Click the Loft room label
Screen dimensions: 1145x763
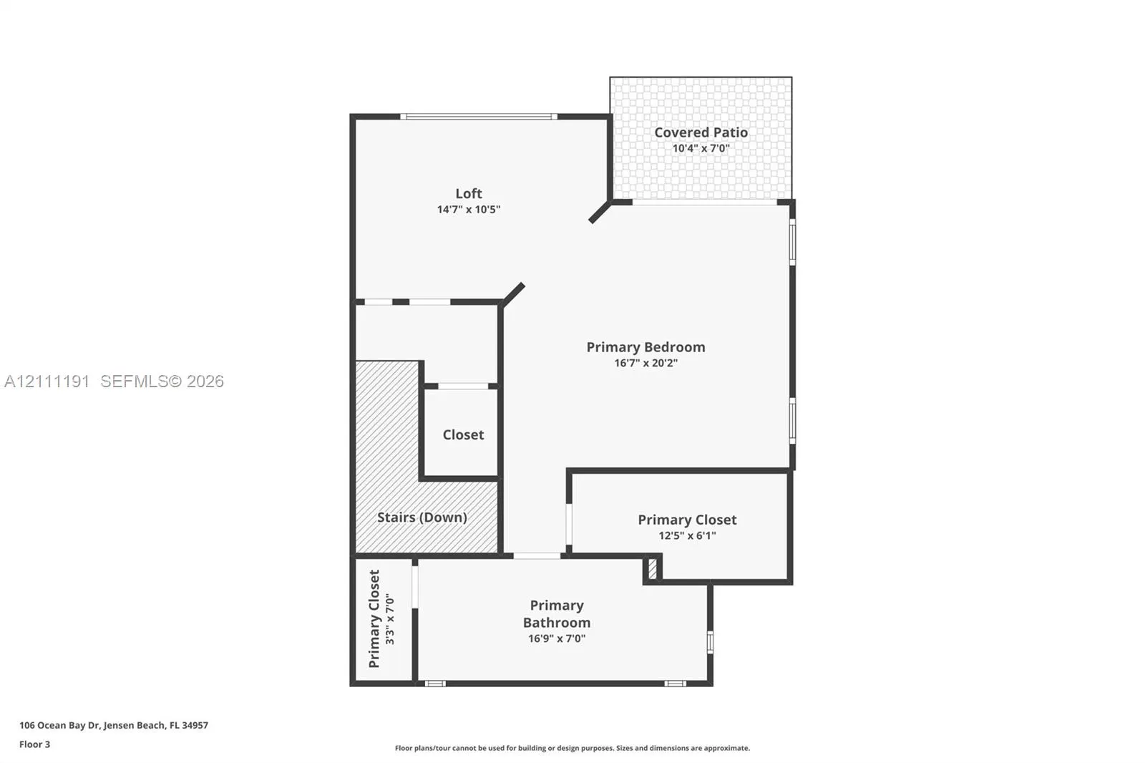[468, 193]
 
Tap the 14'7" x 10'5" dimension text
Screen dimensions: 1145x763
[468, 209]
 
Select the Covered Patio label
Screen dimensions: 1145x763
[701, 132]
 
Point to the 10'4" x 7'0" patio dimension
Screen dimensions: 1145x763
[701, 148]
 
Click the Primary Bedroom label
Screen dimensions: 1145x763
[645, 347]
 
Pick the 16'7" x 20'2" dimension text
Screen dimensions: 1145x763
[645, 363]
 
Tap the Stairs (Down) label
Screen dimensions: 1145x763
[422, 517]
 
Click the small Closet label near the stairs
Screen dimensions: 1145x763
[463, 434]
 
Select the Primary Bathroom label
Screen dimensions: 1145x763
[557, 613]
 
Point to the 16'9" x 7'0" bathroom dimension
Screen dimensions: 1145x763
[557, 638]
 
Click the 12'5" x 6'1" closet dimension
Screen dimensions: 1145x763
[687, 535]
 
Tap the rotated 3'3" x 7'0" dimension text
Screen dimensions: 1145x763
[390, 619]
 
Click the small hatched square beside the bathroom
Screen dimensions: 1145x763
[652, 569]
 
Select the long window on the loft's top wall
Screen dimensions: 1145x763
[479, 117]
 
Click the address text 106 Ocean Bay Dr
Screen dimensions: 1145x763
[59, 725]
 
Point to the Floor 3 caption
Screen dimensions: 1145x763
[35, 744]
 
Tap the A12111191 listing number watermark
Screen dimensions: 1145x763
[47, 381]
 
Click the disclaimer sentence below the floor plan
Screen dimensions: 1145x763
[572, 748]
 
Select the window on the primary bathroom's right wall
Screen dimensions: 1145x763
[710, 642]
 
